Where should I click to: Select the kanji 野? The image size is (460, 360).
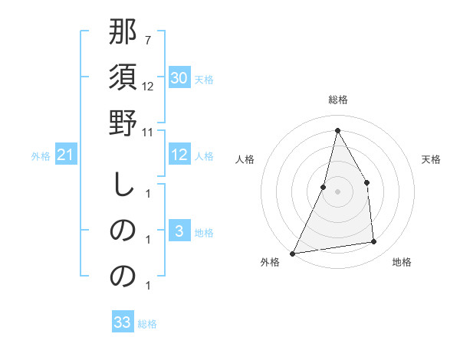pos(123,125)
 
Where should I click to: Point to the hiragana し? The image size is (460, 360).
pos(123,184)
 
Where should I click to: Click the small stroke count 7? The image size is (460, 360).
pos(147,38)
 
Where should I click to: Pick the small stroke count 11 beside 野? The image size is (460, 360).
pos(148,132)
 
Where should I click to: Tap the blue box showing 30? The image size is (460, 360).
pos(179,78)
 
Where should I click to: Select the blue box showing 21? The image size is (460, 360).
pos(66,155)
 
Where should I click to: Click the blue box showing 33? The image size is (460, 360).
pos(123,322)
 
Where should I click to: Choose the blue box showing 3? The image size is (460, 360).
pos(179,231)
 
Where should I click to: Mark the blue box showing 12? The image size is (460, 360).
pos(179,155)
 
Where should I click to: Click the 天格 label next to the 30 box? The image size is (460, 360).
pos(203,80)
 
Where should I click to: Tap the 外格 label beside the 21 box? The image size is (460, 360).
pos(41,156)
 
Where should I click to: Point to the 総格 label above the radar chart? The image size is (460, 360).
pos(337,100)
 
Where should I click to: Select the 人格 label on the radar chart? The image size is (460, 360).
pos(245,159)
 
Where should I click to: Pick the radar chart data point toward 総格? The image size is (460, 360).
pos(337,130)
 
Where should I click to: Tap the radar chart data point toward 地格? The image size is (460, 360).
pos(374,242)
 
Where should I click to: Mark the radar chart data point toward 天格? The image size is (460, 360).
pos(366,182)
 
